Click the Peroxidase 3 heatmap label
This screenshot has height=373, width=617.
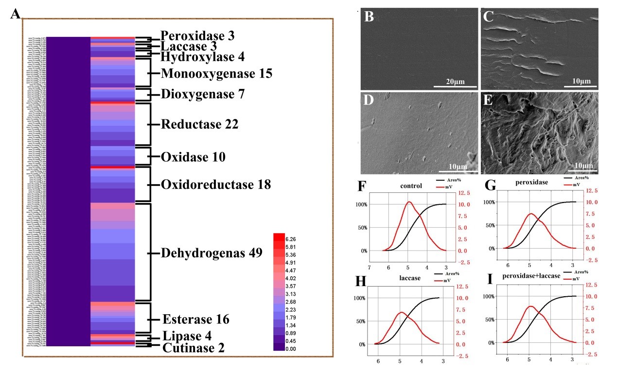click(x=197, y=36)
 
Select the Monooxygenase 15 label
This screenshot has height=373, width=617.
click(x=216, y=74)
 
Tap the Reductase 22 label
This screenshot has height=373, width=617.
click(x=199, y=124)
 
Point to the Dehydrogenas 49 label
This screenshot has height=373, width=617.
click(x=212, y=253)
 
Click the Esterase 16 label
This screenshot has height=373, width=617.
click(x=195, y=320)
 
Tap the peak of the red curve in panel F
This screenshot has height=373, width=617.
click(x=409, y=202)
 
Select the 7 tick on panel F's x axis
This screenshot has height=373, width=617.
click(x=370, y=268)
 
